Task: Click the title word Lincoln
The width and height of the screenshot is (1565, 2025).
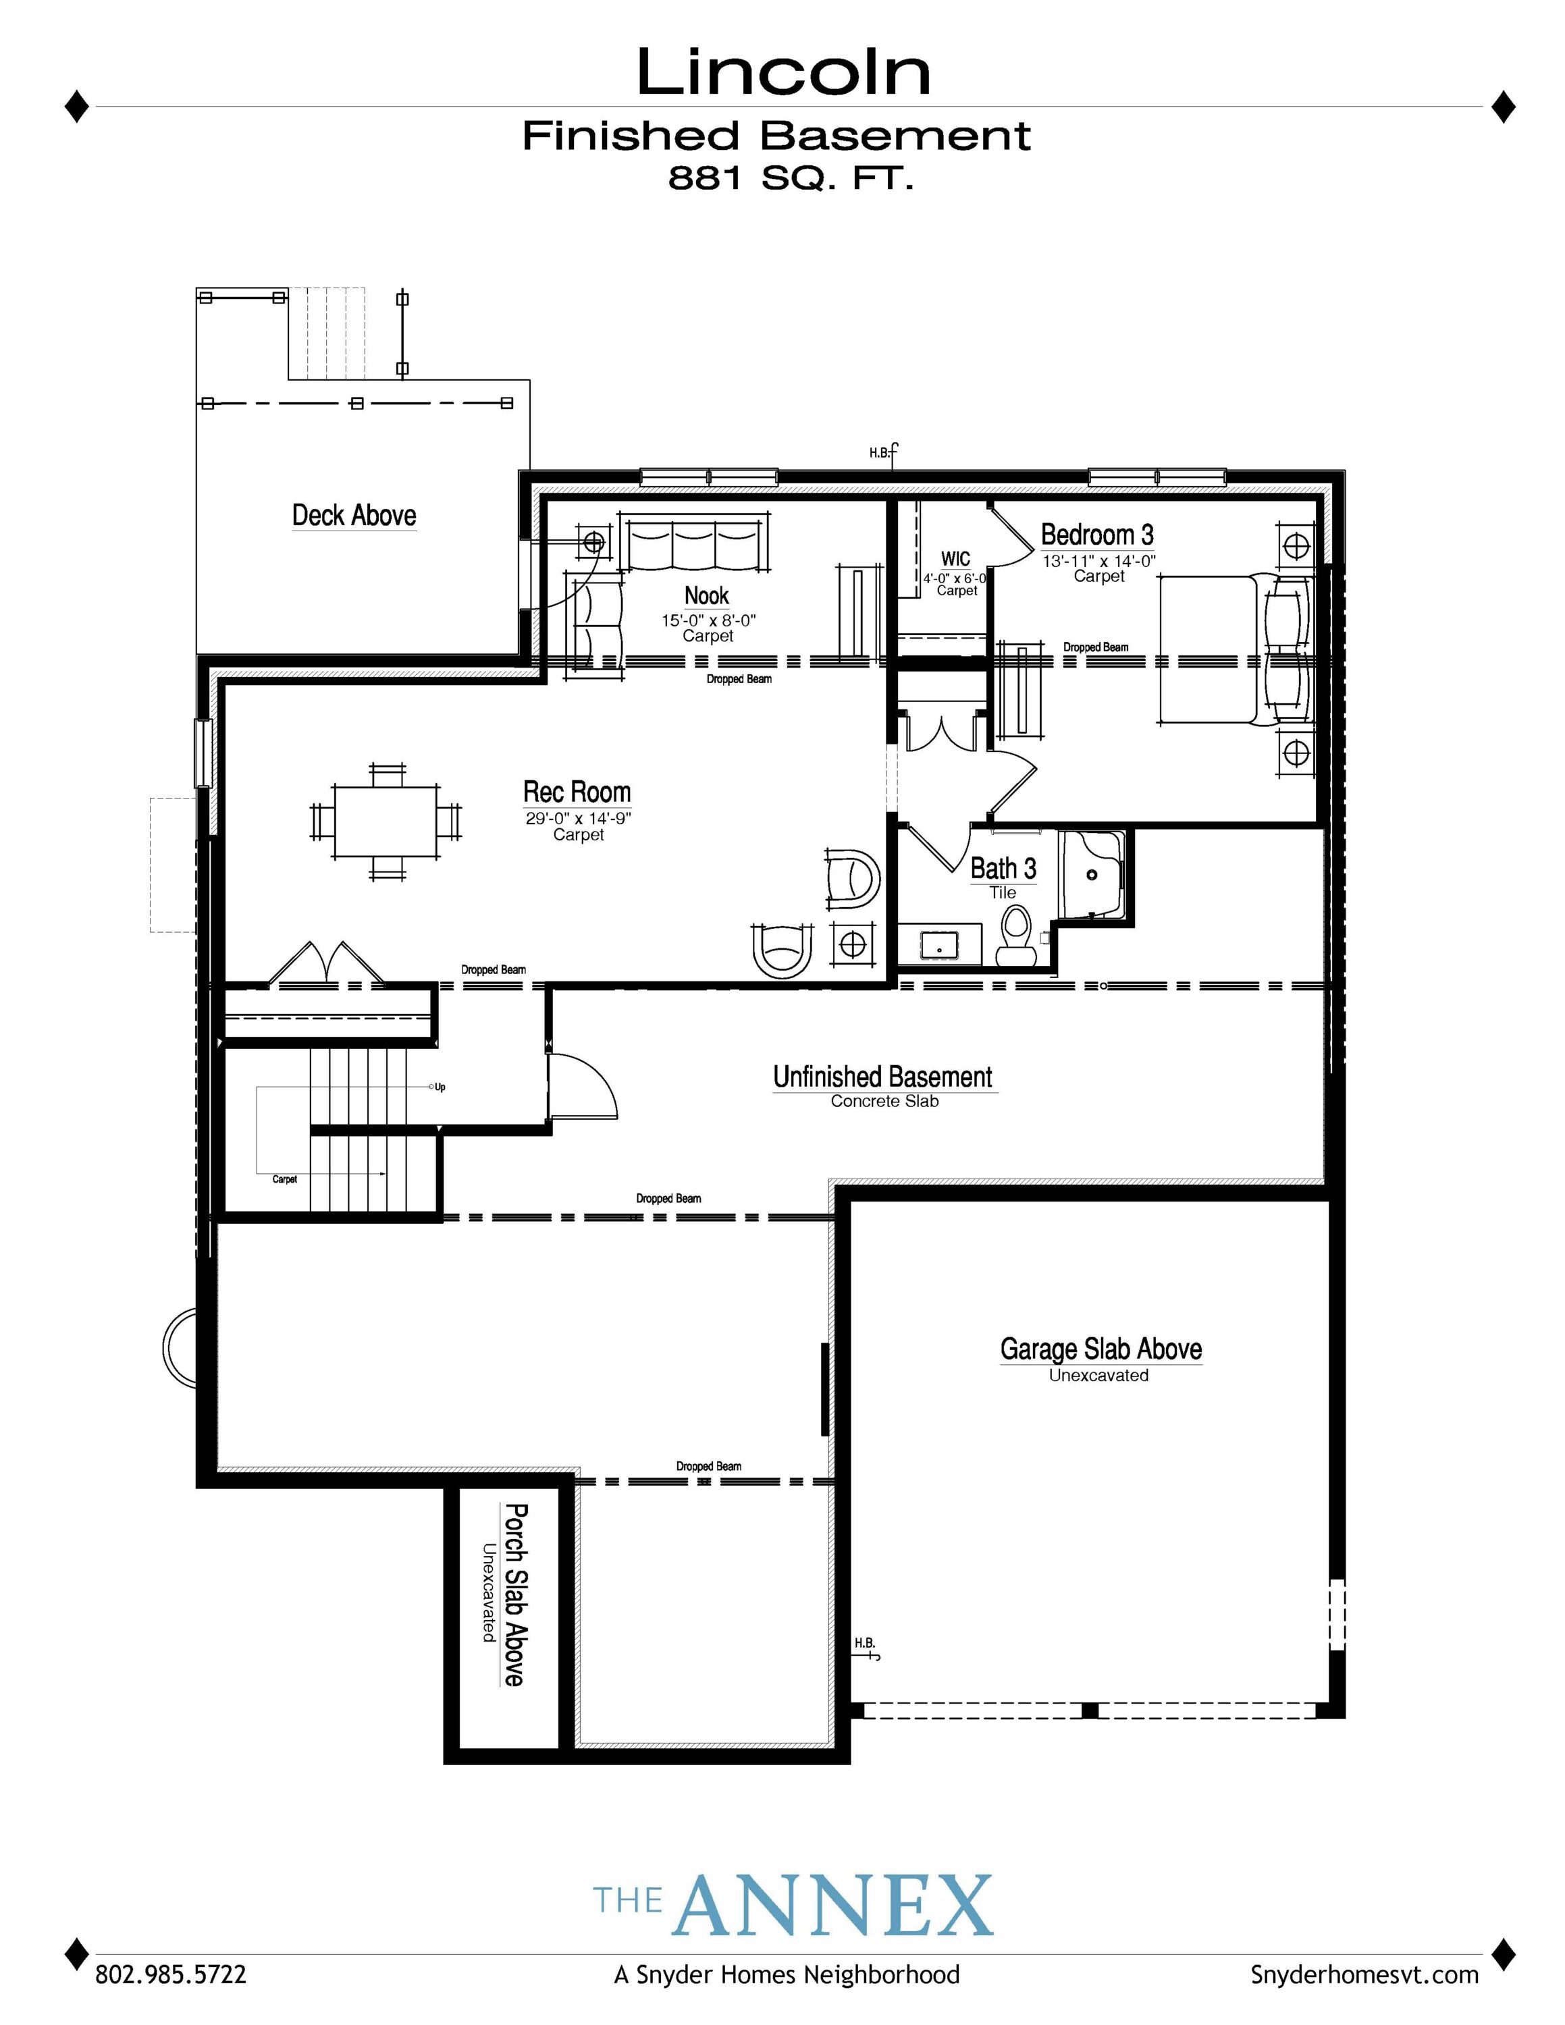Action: click(x=783, y=74)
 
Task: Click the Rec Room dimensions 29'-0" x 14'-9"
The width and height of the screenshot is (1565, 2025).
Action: click(x=578, y=819)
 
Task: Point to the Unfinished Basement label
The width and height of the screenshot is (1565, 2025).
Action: click(x=882, y=1077)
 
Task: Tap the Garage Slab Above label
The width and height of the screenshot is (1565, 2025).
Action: click(x=1100, y=1349)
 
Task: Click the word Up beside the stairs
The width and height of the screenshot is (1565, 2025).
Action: click(x=440, y=1087)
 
